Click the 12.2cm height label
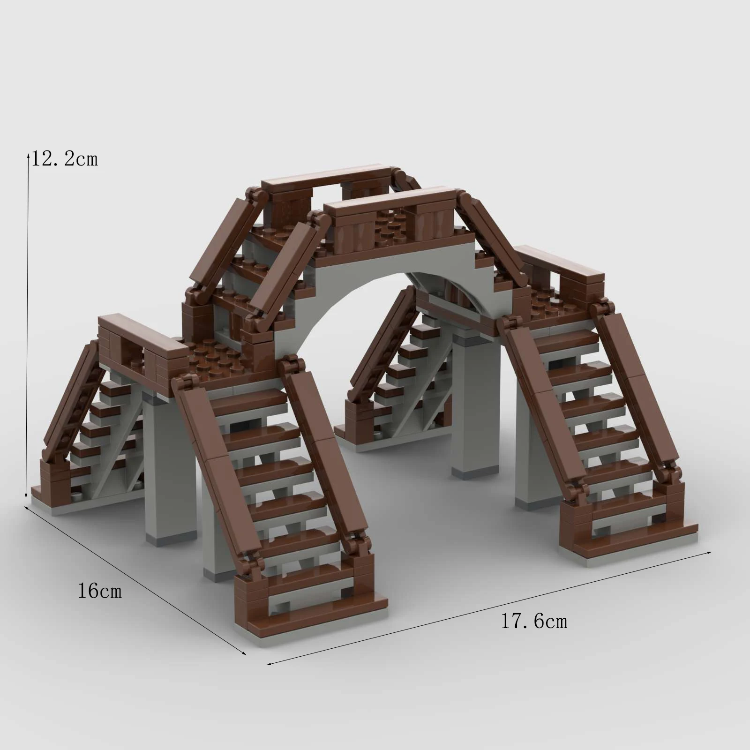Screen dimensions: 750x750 pos(64,159)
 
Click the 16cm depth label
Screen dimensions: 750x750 pos(99,591)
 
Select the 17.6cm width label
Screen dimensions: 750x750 pos(534,622)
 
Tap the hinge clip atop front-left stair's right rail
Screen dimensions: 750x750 pos(291,366)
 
